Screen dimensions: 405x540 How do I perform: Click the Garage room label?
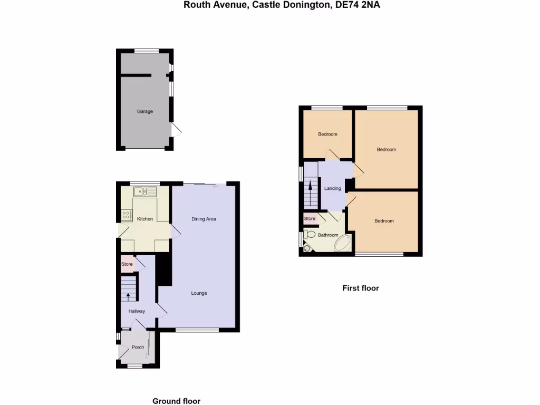point(145,112)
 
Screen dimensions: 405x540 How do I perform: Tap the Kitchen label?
point(145,219)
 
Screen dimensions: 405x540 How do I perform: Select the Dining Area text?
point(204,219)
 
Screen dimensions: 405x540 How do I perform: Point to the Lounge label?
point(199,293)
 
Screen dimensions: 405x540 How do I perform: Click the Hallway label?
point(137,311)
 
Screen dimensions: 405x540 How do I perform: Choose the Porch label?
point(138,347)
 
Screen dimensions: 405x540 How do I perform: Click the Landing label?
point(332,188)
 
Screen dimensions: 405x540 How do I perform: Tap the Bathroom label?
point(327,235)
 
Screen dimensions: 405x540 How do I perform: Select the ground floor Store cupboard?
point(127,264)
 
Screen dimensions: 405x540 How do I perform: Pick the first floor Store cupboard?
point(310,218)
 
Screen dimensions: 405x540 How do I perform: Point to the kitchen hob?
point(127,215)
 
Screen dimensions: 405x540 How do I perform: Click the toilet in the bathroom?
point(310,235)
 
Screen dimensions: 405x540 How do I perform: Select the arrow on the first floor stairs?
point(310,186)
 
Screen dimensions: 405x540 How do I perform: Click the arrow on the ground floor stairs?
point(128,296)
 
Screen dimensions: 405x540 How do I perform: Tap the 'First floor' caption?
point(361,288)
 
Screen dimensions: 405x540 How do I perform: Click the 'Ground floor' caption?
point(176,401)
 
